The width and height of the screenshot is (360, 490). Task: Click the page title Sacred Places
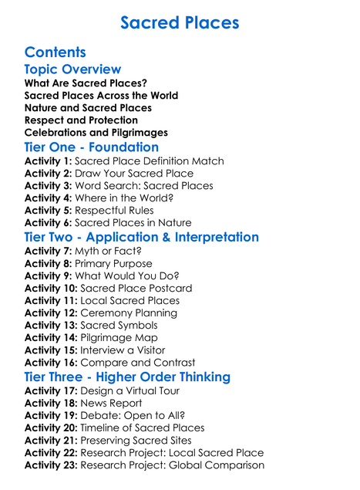(x=180, y=22)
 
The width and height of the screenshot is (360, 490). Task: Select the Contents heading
(x=55, y=52)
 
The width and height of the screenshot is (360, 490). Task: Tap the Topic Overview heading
(x=72, y=69)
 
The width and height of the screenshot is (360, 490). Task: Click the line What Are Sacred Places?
(x=86, y=83)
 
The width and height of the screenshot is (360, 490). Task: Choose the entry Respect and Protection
(x=81, y=120)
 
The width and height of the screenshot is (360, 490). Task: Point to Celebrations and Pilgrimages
(x=96, y=133)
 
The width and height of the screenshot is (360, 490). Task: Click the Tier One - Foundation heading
(x=92, y=147)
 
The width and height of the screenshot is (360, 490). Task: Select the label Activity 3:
(x=49, y=186)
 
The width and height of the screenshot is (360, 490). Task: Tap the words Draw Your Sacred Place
(x=135, y=174)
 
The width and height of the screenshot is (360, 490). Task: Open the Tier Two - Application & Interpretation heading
(x=142, y=237)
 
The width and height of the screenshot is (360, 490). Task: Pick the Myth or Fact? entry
(x=109, y=251)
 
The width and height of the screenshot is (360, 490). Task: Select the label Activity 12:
(x=52, y=313)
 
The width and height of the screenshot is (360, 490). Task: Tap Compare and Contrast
(x=138, y=362)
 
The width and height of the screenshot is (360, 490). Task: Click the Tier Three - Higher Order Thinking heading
(x=127, y=377)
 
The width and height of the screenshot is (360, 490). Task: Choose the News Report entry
(x=112, y=403)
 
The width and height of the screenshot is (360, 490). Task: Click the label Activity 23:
(x=52, y=465)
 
